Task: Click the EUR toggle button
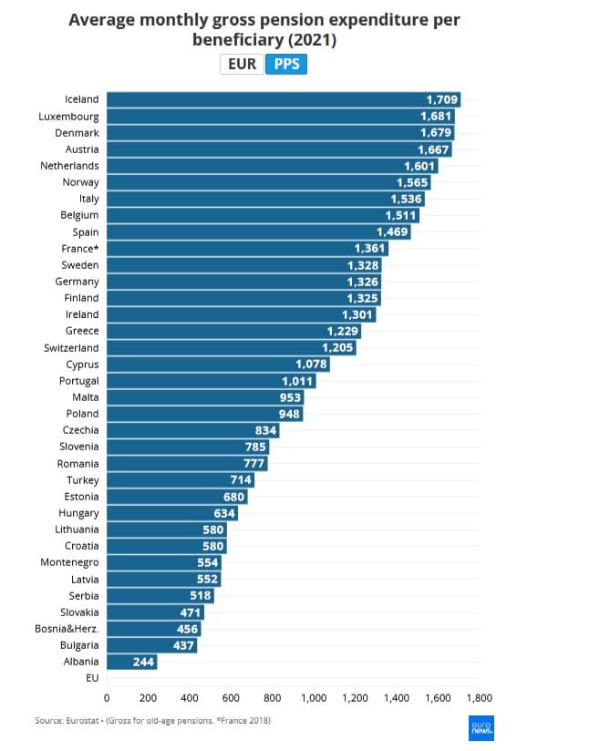click(x=242, y=65)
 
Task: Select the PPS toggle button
click(x=286, y=65)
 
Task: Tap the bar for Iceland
click(x=283, y=99)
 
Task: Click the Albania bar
click(x=131, y=662)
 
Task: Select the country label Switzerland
click(x=71, y=348)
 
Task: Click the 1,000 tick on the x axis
click(x=314, y=698)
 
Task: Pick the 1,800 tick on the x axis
click(x=479, y=698)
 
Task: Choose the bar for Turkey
click(x=180, y=480)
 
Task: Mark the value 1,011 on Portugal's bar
click(x=297, y=381)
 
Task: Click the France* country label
click(x=79, y=249)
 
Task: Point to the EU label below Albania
click(x=91, y=678)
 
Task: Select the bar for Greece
click(x=233, y=331)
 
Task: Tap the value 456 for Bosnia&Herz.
click(x=186, y=629)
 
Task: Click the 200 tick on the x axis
click(x=149, y=698)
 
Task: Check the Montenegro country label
click(x=69, y=562)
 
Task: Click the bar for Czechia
click(x=192, y=430)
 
